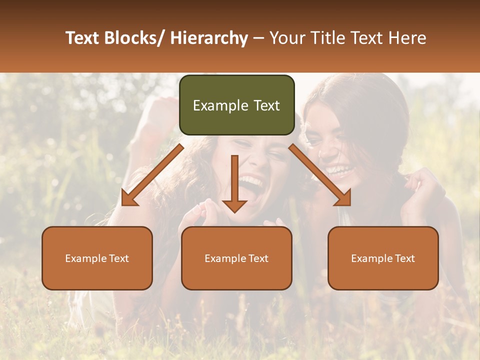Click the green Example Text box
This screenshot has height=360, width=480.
tap(236, 105)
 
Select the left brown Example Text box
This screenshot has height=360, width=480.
tap(97, 258)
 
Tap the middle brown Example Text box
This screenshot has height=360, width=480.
tap(236, 258)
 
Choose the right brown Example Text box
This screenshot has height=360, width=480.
tap(383, 258)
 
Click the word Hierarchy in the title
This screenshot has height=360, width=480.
tap(209, 38)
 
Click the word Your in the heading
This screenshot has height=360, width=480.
tap(287, 38)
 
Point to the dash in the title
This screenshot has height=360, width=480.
tap(258, 38)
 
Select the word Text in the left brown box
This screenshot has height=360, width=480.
tap(118, 258)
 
